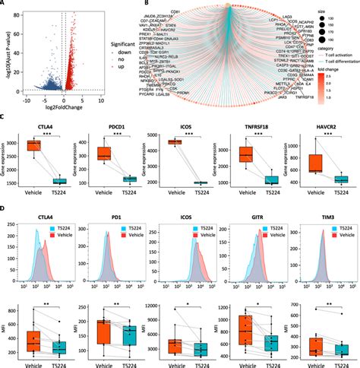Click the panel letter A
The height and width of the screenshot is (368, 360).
click(x=4, y=4)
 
